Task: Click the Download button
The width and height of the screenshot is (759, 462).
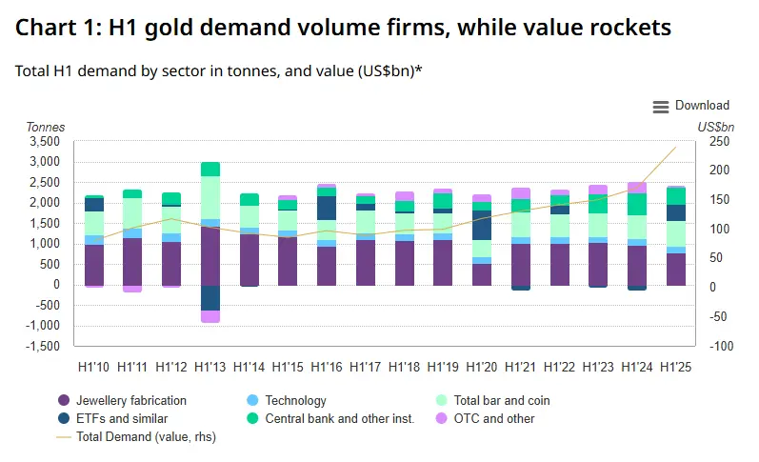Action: pyautogui.click(x=702, y=106)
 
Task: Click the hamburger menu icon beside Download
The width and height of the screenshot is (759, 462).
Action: pyautogui.click(x=661, y=107)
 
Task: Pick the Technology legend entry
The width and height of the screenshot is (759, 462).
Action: pyautogui.click(x=295, y=401)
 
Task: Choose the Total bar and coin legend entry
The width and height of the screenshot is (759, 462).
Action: pyautogui.click(x=502, y=401)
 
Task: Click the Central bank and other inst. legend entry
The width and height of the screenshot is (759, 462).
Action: pyautogui.click(x=339, y=418)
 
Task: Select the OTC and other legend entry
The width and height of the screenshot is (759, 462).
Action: pyautogui.click(x=494, y=418)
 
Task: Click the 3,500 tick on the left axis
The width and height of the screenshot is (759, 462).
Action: pyautogui.click(x=44, y=142)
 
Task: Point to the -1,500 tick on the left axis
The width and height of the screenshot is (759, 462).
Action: pyautogui.click(x=42, y=346)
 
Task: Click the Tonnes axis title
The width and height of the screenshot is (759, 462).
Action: pyautogui.click(x=45, y=127)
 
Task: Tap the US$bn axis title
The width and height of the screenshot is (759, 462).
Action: pyautogui.click(x=716, y=127)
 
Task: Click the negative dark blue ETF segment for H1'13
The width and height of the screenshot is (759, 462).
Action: pyautogui.click(x=210, y=297)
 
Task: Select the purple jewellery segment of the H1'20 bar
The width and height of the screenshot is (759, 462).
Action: pyautogui.click(x=482, y=274)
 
